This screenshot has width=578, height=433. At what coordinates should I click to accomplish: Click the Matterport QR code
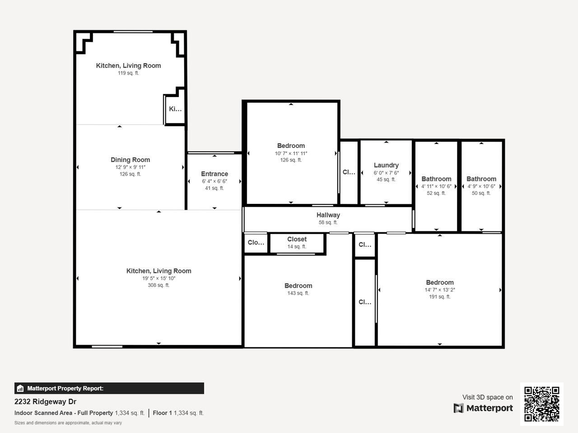point(541,404)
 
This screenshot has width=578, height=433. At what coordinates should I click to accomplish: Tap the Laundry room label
point(386,166)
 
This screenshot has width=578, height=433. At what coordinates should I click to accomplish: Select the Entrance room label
point(214,174)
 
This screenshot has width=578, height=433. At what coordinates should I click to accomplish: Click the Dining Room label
point(130,160)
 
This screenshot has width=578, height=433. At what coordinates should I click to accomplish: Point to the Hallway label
point(328,215)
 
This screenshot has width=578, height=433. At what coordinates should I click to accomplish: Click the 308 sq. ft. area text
point(158,285)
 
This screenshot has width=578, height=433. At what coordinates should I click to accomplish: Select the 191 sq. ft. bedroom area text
point(439,297)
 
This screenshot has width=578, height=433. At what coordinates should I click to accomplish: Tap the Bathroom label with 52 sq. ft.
point(436,179)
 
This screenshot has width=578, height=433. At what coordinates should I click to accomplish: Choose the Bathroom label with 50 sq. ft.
point(481,179)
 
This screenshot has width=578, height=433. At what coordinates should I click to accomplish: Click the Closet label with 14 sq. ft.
point(297,240)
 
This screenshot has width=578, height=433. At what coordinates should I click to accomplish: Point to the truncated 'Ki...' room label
point(175,109)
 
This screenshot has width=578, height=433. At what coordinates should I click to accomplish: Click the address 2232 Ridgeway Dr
point(45,401)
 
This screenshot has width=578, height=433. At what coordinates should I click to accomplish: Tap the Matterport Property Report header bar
point(109,388)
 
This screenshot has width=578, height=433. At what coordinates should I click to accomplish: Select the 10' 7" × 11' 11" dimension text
point(291,153)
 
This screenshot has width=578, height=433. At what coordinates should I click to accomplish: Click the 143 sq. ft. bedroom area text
point(298,293)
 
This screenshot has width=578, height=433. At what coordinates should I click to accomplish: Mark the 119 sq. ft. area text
point(128,73)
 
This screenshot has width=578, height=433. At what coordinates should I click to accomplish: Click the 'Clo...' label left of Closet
point(256,243)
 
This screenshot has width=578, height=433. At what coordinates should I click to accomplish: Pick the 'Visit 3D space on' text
point(487,397)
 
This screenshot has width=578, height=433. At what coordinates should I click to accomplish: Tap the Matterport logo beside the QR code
point(483,408)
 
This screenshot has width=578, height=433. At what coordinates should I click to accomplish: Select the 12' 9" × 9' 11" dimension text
point(130,167)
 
